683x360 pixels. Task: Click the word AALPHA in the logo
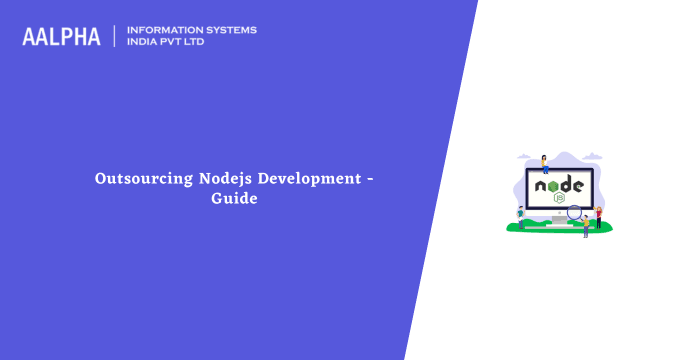[x=61, y=36]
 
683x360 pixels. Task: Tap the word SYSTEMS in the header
[x=233, y=30]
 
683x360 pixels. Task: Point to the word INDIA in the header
[x=143, y=43]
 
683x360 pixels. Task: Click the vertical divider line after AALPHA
[x=115, y=36]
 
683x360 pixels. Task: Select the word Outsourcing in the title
[x=136, y=179]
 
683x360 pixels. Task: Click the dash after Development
[x=370, y=180]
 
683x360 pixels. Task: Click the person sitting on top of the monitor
[x=544, y=164]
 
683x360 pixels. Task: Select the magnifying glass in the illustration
[x=575, y=212]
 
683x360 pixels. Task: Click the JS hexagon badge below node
[x=559, y=198]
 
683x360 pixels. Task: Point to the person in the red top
[x=598, y=216]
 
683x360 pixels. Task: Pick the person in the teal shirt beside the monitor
[x=521, y=216]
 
